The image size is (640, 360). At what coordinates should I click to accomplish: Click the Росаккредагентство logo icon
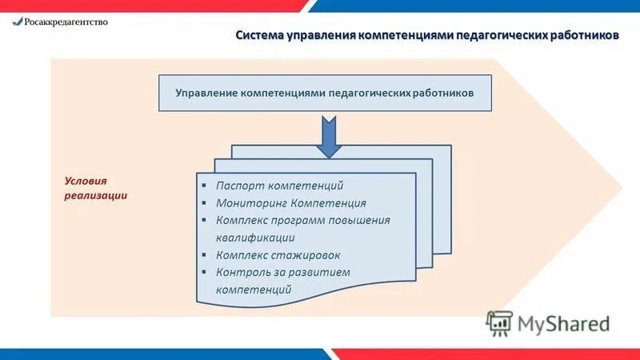tap(17, 22)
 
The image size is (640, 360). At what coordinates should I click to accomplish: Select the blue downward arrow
tap(328, 135)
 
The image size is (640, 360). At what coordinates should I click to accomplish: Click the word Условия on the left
tap(85, 181)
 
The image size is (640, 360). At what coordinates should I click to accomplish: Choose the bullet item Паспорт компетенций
tap(279, 186)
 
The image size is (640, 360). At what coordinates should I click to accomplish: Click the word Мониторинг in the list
tap(250, 203)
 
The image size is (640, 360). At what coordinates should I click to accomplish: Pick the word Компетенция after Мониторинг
tap(329, 203)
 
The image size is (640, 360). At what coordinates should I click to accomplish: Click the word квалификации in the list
tap(254, 238)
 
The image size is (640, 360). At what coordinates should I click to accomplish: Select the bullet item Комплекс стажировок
tap(278, 255)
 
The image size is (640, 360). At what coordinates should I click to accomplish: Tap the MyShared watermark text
tap(564, 323)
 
